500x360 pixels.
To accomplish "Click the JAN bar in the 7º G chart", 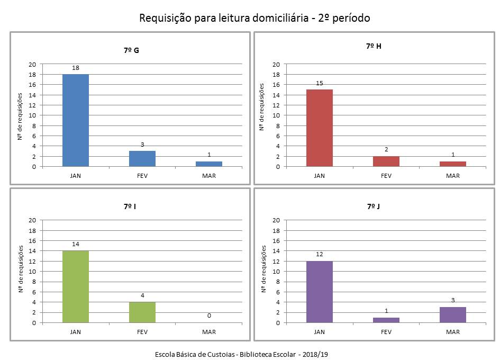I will [76, 120].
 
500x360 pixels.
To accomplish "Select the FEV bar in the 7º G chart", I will [142, 159].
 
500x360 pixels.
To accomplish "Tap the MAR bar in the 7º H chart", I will [453, 164].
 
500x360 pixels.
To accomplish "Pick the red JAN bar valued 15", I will [320, 128].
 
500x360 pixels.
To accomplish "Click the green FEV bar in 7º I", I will [142, 312].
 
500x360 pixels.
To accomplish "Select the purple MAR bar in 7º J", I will [453, 314].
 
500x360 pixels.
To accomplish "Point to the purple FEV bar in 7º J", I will [386, 320].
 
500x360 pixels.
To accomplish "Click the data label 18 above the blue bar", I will [76, 68].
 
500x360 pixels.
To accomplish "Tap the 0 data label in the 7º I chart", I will [209, 316].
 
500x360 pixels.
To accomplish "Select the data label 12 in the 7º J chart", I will [320, 255].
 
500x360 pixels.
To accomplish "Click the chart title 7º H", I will [374, 46].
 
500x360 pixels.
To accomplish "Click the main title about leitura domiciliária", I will [254, 18].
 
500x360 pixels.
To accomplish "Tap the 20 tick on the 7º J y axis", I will [276, 220].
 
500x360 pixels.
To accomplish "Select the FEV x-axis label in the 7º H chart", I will [386, 176].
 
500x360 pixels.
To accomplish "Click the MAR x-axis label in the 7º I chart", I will [209, 332].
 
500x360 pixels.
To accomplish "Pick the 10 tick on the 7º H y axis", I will [276, 115].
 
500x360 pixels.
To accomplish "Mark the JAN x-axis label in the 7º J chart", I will [320, 332].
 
